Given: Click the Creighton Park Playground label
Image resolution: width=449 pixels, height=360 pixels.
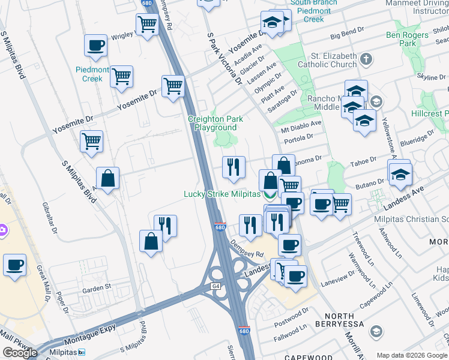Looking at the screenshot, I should (x=215, y=123).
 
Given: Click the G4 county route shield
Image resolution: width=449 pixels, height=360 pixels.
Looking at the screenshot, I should (x=216, y=286).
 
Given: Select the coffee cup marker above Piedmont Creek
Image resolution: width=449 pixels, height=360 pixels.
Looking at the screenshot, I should (x=95, y=46).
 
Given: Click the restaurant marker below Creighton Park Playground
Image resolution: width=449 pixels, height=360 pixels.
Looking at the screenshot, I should (x=233, y=167).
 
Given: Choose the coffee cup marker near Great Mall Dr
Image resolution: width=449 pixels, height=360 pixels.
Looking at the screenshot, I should (x=14, y=265).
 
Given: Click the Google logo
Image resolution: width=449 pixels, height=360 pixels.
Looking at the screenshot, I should (x=19, y=352).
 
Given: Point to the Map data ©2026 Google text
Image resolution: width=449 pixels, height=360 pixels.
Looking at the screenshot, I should (x=411, y=355).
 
